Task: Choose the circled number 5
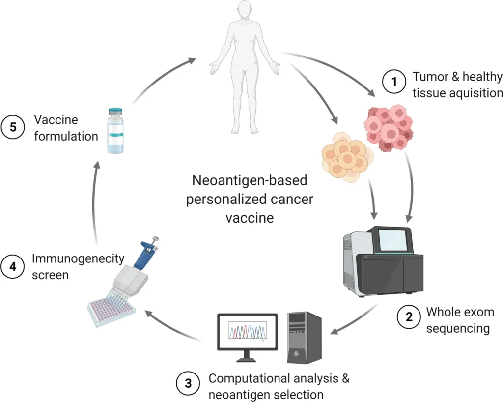(13, 127)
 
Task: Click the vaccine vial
(116, 131)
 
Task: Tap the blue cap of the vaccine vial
(116, 112)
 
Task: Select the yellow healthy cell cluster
(344, 157)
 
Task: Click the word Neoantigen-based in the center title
(250, 181)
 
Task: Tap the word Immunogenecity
(78, 258)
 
